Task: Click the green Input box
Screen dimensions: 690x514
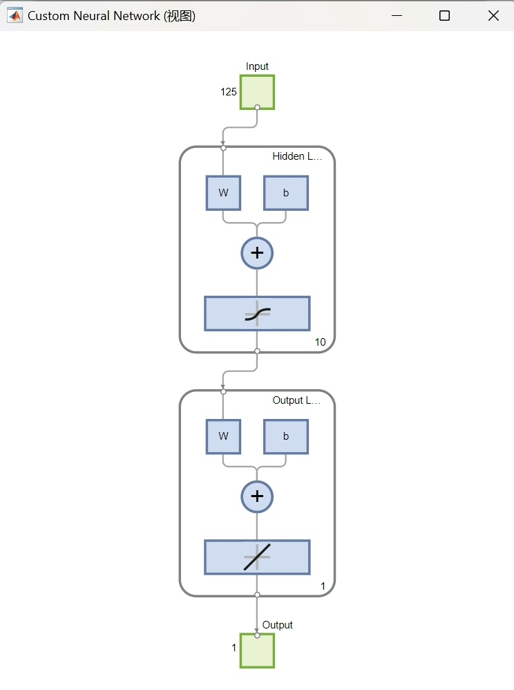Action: click(257, 92)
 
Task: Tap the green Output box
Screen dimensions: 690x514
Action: click(257, 650)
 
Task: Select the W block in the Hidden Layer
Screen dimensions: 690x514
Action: click(223, 193)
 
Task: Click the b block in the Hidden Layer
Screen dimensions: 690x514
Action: click(286, 193)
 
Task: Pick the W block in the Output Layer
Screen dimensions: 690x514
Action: click(223, 436)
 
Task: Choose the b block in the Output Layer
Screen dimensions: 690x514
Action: click(286, 436)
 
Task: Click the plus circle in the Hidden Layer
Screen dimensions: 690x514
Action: click(257, 253)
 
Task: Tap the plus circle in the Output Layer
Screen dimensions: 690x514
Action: click(257, 496)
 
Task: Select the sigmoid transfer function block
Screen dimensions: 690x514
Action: click(257, 314)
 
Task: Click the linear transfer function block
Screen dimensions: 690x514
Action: click(257, 557)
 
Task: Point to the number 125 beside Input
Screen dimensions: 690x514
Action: click(229, 92)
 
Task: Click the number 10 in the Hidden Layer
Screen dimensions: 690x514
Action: click(320, 342)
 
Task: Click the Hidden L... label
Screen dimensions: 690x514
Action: click(297, 156)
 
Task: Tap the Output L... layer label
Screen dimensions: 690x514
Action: click(297, 400)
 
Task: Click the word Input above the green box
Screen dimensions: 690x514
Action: click(257, 66)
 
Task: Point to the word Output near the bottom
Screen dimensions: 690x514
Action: click(278, 625)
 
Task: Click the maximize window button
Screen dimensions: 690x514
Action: click(444, 16)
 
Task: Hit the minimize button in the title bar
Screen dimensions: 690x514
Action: click(397, 16)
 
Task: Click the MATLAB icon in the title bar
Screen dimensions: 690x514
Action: click(14, 16)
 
